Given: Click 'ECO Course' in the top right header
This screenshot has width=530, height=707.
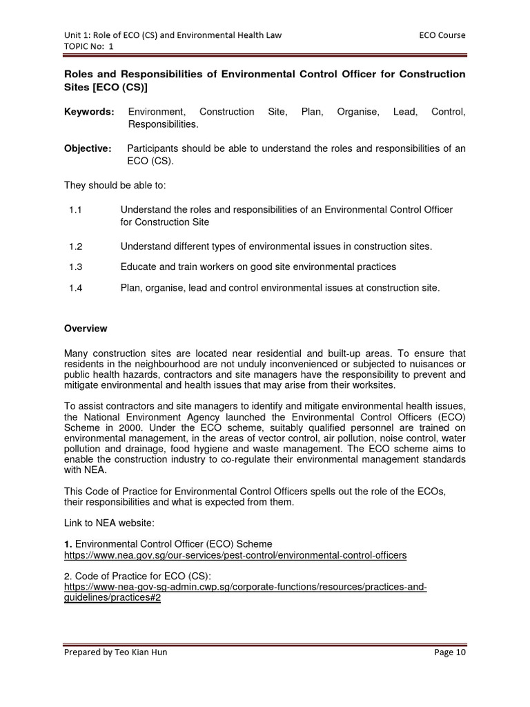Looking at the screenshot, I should pyautogui.click(x=442, y=35).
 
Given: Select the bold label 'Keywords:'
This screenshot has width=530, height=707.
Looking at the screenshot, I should pyautogui.click(x=89, y=111).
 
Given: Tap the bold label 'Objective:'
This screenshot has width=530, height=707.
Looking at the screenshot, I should pyautogui.click(x=88, y=148).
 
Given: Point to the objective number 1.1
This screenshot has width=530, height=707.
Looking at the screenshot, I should pyautogui.click(x=76, y=209).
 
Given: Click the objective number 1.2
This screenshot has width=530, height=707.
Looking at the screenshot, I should pyautogui.click(x=76, y=246).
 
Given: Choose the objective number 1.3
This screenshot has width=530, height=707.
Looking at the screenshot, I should pyautogui.click(x=76, y=267).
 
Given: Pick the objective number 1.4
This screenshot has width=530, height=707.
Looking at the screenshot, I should pyautogui.click(x=76, y=287).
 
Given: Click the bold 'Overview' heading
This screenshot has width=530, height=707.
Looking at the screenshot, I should pyautogui.click(x=86, y=328).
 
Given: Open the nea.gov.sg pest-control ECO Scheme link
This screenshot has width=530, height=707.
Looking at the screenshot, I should pyautogui.click(x=235, y=554).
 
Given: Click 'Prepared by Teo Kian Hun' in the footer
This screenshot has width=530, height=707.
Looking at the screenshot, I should pyautogui.click(x=115, y=652).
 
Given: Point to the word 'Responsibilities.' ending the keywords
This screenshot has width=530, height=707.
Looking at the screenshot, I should pyautogui.click(x=163, y=124).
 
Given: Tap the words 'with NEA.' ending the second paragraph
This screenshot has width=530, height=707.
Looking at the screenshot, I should pyautogui.click(x=87, y=470).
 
